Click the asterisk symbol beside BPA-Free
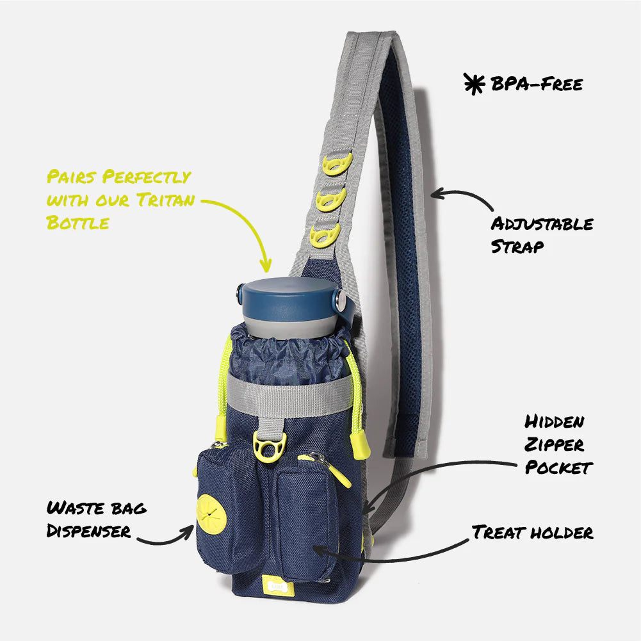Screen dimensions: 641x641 475,84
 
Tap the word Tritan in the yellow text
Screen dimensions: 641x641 166,200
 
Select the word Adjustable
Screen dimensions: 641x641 542,224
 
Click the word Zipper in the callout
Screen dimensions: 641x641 554,445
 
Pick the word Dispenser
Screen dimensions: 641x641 88,531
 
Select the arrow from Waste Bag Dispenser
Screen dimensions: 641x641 166,537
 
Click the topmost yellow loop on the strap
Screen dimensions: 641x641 337,164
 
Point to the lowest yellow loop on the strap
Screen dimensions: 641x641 325,236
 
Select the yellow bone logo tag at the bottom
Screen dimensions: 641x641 278,585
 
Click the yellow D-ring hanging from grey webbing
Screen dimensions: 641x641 270,447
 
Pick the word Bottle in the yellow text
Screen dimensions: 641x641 77,223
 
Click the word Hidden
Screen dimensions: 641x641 555,422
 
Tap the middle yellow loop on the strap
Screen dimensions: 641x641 330,200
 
